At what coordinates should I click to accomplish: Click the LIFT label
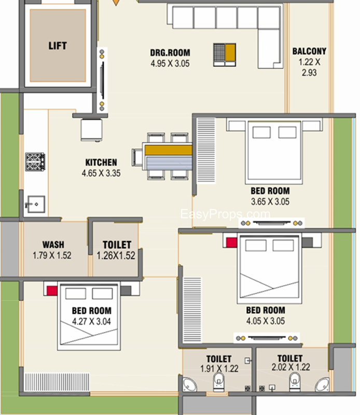pos(58,46)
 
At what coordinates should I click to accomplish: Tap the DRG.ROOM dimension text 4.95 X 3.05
pos(170,63)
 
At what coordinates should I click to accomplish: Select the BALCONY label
pos(309,51)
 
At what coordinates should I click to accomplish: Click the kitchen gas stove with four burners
pos(35,161)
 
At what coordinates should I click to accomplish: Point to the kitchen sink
pos(36,204)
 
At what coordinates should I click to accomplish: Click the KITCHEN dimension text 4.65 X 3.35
pos(101,173)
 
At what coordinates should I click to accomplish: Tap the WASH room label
pos(53,244)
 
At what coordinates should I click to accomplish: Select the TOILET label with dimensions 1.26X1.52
pos(117,245)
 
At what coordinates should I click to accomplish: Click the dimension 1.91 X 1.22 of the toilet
pos(219,368)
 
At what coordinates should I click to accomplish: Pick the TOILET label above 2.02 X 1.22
pos(290,358)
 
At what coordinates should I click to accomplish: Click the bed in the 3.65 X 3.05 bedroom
pos(274,152)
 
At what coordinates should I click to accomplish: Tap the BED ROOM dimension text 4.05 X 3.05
pos(266,321)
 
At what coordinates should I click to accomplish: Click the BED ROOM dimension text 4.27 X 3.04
pos(91,321)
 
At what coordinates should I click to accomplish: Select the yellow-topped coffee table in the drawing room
pos(225,55)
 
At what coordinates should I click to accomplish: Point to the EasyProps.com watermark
pos(225,214)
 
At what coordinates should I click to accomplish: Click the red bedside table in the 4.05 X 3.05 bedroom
pos(232,242)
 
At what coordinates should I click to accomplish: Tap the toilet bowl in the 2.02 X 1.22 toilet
pos(295,381)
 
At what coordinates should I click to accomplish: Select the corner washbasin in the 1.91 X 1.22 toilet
pos(189,384)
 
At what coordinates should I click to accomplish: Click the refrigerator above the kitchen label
pos(91,130)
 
